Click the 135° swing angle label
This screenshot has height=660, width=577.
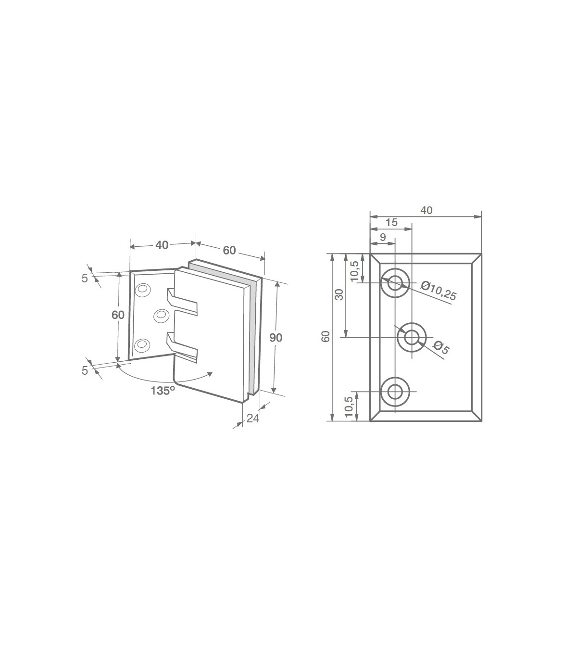163,391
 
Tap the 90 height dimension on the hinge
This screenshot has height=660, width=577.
276,338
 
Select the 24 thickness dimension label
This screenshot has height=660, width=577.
253,419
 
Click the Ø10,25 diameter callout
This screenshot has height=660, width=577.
439,291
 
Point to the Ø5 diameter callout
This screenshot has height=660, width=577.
440,347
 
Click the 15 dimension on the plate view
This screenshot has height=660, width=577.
391,222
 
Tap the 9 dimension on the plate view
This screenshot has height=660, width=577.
383,237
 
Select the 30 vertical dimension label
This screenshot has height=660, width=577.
339,294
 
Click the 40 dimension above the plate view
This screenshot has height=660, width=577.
426,210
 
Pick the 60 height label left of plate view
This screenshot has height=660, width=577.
326,336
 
